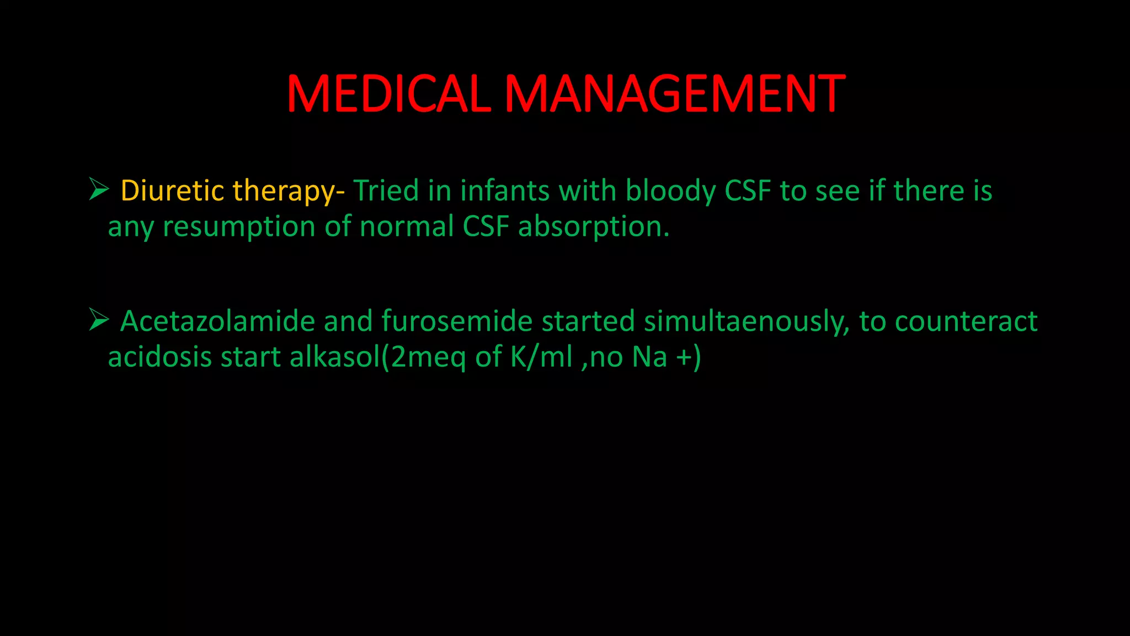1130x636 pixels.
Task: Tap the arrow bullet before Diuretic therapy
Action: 99,189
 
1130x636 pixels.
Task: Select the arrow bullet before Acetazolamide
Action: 99,320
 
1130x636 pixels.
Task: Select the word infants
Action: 505,190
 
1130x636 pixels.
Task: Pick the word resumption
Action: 239,227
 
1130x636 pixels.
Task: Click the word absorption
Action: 594,227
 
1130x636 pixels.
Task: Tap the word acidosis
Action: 160,356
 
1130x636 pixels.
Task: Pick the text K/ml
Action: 541,357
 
